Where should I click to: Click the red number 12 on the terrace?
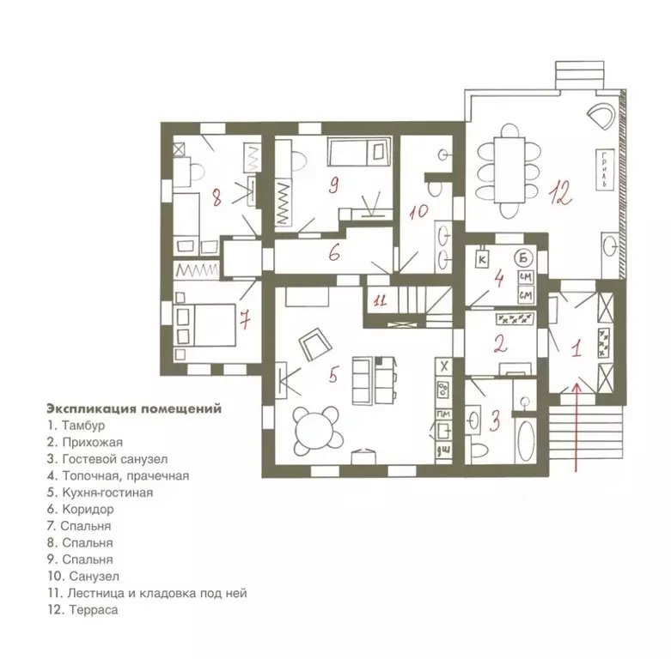coord(560,195)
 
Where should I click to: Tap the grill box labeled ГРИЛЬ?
coord(604,170)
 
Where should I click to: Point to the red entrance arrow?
coord(576,427)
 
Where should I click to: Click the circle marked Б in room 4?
coord(524,257)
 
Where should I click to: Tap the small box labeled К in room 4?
coord(482,259)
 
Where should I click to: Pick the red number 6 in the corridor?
coord(334,252)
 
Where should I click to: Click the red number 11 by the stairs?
coord(380,300)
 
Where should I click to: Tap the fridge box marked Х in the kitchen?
coord(444,366)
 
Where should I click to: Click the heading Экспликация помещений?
coord(134,408)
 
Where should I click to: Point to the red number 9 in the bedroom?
coord(334,185)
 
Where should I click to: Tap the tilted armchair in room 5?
coord(316,343)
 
